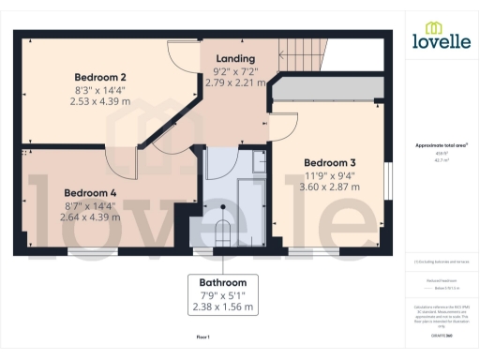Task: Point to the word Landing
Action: (x=234, y=58)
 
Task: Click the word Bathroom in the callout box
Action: (x=222, y=282)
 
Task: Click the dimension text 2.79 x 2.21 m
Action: (x=234, y=82)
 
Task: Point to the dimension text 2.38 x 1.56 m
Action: (x=222, y=307)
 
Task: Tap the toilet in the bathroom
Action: (x=223, y=232)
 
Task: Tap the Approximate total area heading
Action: (x=441, y=145)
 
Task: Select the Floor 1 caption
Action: (x=202, y=336)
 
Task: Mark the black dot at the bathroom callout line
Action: (x=223, y=207)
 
